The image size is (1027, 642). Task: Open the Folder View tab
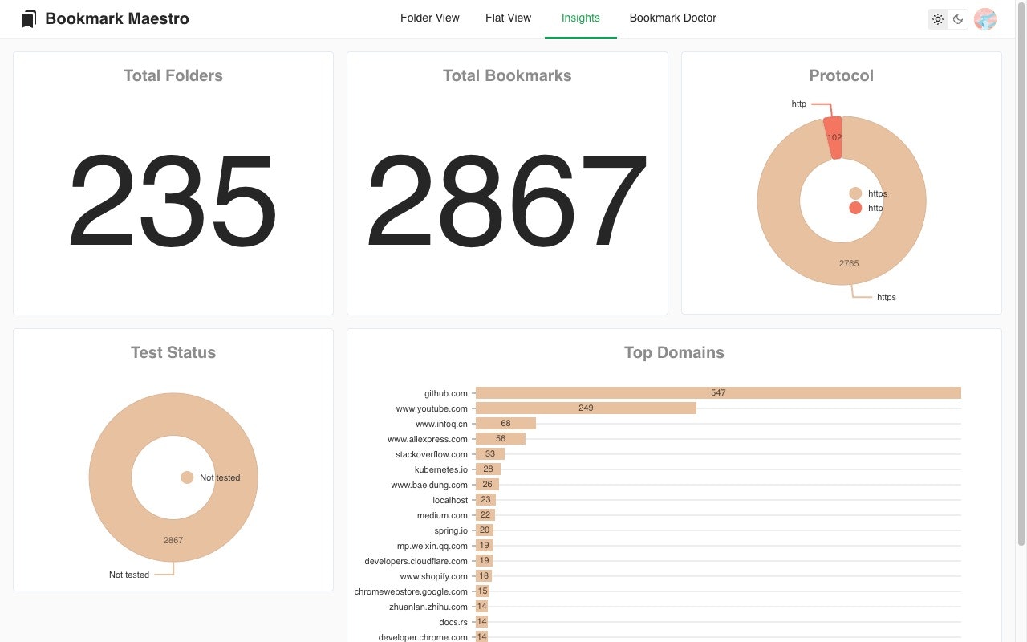(x=429, y=18)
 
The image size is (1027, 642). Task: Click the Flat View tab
(x=508, y=18)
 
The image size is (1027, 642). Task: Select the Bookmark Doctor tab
(x=672, y=18)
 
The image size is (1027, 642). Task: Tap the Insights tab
(x=580, y=18)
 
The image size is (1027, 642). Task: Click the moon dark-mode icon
(x=958, y=19)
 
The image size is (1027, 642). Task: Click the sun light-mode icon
(x=938, y=19)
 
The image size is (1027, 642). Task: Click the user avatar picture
(x=984, y=19)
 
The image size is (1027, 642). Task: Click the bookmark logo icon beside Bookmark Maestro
(x=29, y=19)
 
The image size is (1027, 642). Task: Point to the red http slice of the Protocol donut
(x=834, y=136)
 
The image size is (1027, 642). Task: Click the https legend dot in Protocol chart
(x=855, y=193)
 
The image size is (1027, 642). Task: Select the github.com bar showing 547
(x=717, y=393)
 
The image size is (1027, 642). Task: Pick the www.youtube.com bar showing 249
(x=586, y=408)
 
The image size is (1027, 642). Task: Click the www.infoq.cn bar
(x=505, y=424)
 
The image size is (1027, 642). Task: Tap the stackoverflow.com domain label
(x=431, y=454)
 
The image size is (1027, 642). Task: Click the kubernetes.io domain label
(x=440, y=469)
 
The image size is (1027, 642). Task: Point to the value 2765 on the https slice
(x=848, y=263)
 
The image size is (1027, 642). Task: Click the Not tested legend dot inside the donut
(x=187, y=477)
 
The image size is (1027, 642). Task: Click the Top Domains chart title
(x=674, y=352)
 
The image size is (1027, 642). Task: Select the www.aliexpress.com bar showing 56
(x=501, y=439)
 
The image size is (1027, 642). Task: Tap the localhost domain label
(x=449, y=500)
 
